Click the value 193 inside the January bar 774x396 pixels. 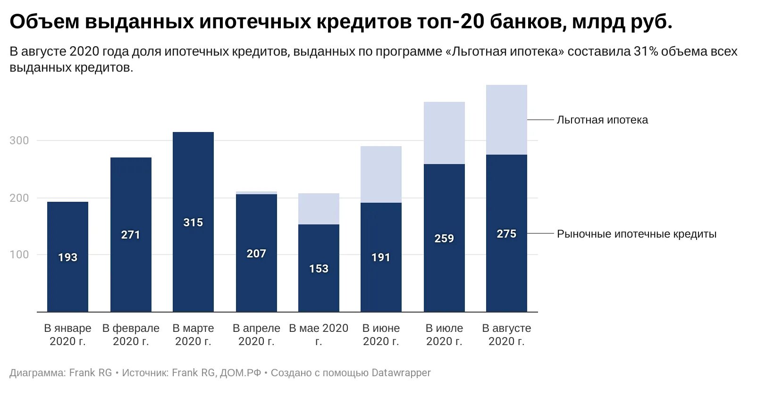(x=67, y=257)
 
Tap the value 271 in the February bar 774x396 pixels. (x=131, y=235)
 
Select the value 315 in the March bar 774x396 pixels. (x=193, y=223)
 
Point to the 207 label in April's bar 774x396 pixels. (x=256, y=254)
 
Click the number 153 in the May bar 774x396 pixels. (x=319, y=269)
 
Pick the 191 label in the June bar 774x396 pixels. (x=381, y=257)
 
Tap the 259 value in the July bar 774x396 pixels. (x=444, y=239)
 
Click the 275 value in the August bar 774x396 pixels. (x=506, y=234)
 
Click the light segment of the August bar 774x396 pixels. (x=506, y=120)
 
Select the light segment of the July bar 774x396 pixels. (x=444, y=133)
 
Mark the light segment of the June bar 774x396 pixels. (x=381, y=174)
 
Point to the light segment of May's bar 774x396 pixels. (x=319, y=208)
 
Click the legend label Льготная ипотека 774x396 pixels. (x=602, y=120)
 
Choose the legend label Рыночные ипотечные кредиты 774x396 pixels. (x=636, y=234)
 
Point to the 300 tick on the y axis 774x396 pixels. (x=19, y=140)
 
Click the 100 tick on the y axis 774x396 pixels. (x=19, y=255)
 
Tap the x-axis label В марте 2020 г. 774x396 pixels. (x=193, y=335)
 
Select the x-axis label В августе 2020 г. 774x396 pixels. (x=506, y=335)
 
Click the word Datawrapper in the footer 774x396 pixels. (x=401, y=373)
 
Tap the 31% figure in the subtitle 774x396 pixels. (x=646, y=51)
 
